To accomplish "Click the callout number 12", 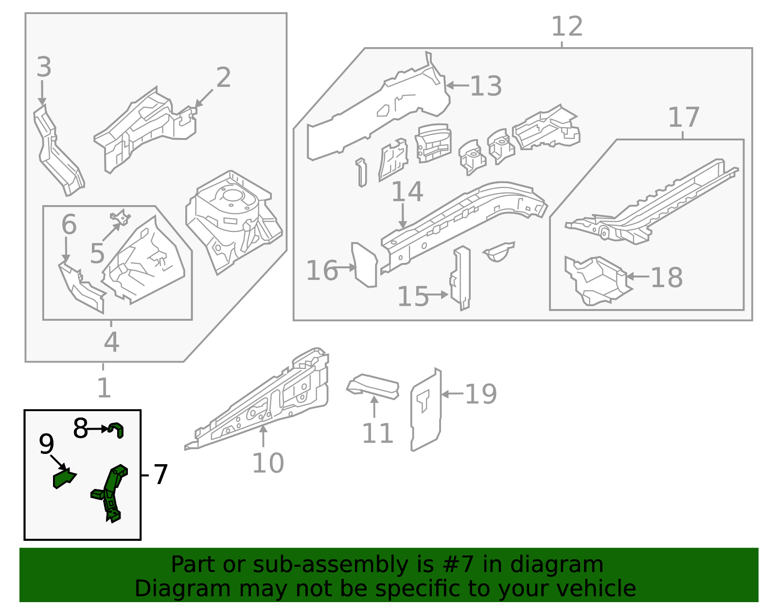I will pyautogui.click(x=566, y=27).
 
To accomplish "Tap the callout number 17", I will pyautogui.click(x=683, y=118).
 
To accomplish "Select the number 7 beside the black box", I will pyautogui.click(x=160, y=474).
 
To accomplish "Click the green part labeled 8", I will pyautogui.click(x=117, y=430).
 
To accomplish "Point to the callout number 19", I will pyautogui.click(x=480, y=394).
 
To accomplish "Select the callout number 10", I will pyautogui.click(x=267, y=463).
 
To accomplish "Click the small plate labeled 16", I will pyautogui.click(x=365, y=265).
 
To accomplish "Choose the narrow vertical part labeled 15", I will pyautogui.click(x=461, y=278).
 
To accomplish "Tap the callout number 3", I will pyautogui.click(x=44, y=67).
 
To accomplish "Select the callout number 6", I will pyautogui.click(x=69, y=225).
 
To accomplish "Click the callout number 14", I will pyautogui.click(x=407, y=192).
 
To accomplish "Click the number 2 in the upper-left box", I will pyautogui.click(x=223, y=78).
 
